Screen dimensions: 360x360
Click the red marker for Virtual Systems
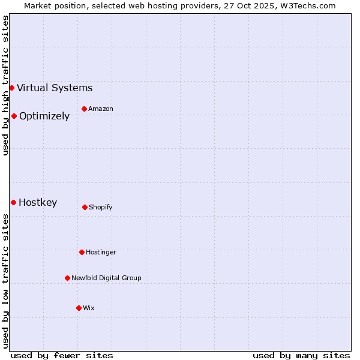[x=11, y=88]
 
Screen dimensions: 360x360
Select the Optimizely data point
[x=14, y=116]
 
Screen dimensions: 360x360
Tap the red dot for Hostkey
[x=13, y=202]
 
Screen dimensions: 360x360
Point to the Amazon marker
[x=84, y=109]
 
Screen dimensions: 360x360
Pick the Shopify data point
[x=85, y=207]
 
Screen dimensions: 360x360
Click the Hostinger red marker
[x=82, y=252]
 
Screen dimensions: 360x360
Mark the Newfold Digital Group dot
[x=67, y=278]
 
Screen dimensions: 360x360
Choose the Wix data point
[x=79, y=308]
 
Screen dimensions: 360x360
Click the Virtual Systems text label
[x=55, y=88]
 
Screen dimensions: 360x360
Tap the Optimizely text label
[x=44, y=116]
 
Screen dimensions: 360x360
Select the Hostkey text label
[x=38, y=202]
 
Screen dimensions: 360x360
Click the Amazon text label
[x=101, y=109]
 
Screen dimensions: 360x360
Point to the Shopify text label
[x=101, y=207]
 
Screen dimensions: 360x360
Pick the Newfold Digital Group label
[x=106, y=278]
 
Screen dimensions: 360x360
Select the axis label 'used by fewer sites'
[x=62, y=355]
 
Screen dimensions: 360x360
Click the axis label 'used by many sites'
[x=301, y=355]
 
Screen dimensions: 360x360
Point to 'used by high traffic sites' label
[x=5, y=85]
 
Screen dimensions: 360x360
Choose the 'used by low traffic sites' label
[x=5, y=281]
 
